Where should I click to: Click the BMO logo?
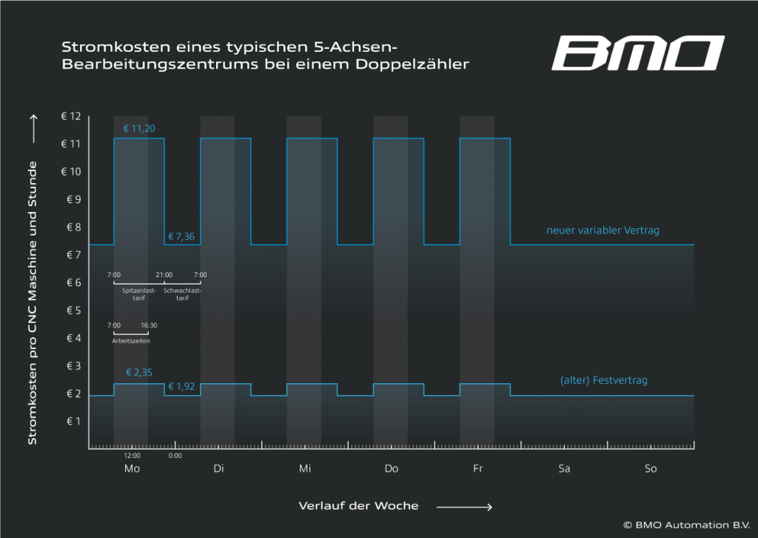pos(637,53)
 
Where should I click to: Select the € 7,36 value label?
pos(181,237)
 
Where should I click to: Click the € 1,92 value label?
pos(181,386)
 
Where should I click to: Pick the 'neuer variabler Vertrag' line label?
pos(603,230)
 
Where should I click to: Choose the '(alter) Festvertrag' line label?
pos(604,381)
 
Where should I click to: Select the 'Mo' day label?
pos(132,469)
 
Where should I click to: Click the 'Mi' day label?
pos(305,469)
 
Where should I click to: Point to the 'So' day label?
pos(651,469)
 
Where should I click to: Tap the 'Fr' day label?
pos(477,469)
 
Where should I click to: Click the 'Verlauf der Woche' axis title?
pos(358,506)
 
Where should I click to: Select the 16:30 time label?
pos(149,325)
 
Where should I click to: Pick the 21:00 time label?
pos(164,275)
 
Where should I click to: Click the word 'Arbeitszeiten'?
pos(131,341)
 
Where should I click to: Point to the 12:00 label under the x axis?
pos(132,456)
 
